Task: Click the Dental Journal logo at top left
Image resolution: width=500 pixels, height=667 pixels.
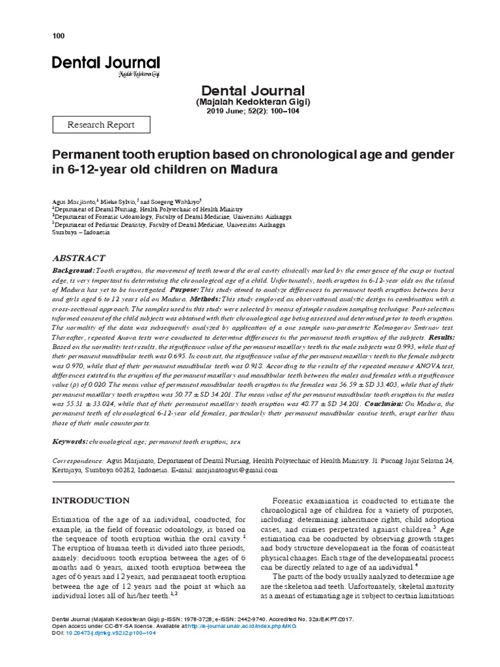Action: tap(105, 64)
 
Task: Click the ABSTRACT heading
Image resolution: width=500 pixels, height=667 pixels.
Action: tap(79, 258)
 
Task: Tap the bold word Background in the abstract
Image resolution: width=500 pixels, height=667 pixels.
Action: tap(73, 270)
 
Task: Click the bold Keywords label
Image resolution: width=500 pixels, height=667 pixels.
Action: tap(70, 442)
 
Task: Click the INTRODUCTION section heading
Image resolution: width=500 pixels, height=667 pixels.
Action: tap(90, 500)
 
